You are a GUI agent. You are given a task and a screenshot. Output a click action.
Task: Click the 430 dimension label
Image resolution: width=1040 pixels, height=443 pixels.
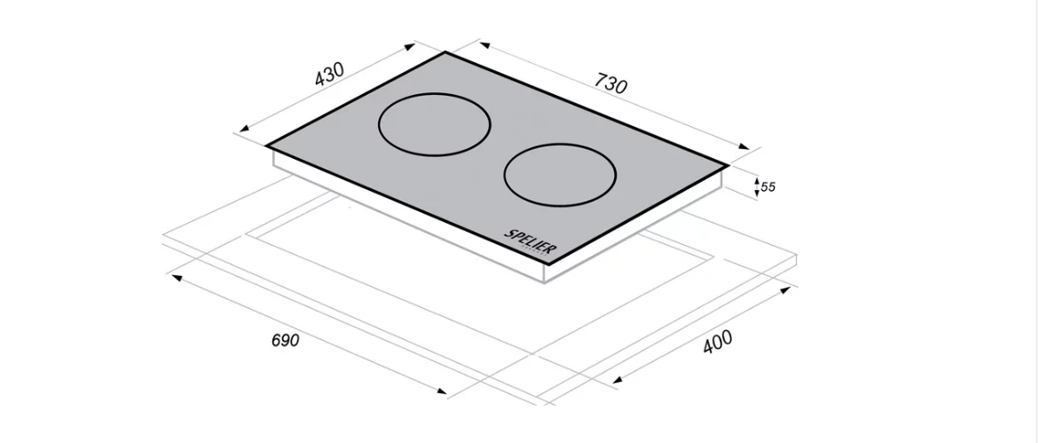point(329,75)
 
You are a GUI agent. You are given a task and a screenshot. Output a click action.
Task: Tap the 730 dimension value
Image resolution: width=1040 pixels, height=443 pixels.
point(611,83)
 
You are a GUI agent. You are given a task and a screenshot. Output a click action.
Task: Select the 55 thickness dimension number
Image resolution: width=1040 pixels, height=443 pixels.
point(768,187)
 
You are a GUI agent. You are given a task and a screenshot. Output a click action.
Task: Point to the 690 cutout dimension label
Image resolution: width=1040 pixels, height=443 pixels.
point(285,340)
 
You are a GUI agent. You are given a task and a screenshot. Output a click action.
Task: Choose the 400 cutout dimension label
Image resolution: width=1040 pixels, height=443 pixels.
point(718,342)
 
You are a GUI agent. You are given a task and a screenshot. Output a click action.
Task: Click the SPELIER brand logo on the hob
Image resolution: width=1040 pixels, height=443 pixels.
point(531,242)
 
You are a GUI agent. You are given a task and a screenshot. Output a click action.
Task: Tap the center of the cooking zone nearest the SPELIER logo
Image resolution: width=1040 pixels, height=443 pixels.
point(560,175)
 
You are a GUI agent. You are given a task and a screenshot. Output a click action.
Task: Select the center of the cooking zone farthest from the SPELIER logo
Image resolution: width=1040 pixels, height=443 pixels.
point(435,124)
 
